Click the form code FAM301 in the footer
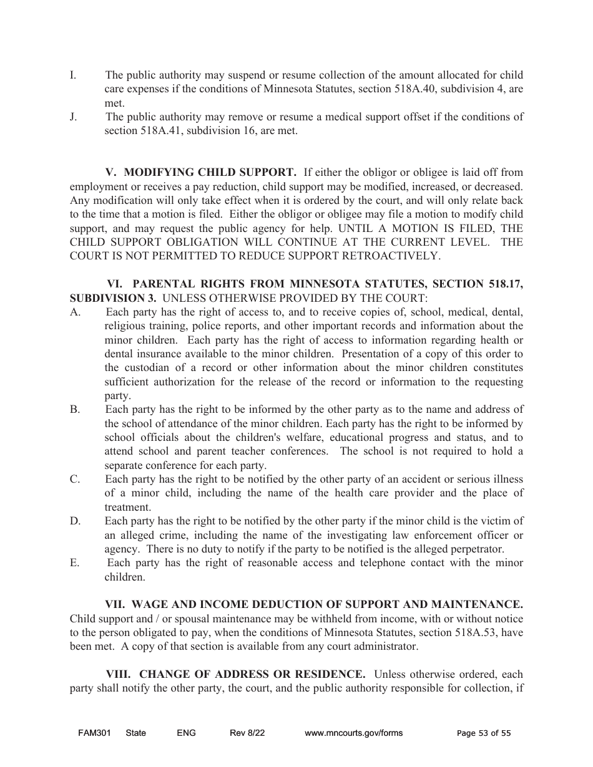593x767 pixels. (94, 733)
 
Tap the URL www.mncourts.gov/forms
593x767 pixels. (353, 733)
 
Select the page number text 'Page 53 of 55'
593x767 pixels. (484, 733)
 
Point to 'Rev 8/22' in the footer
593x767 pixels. (247, 733)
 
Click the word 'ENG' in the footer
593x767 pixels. (186, 733)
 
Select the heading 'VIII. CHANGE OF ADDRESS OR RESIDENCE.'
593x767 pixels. (236, 675)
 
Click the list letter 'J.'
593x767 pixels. (74, 117)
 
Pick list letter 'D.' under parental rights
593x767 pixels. (75, 521)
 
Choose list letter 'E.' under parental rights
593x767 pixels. (75, 563)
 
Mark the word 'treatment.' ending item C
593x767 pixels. (128, 508)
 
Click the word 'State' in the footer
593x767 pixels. (135, 733)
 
